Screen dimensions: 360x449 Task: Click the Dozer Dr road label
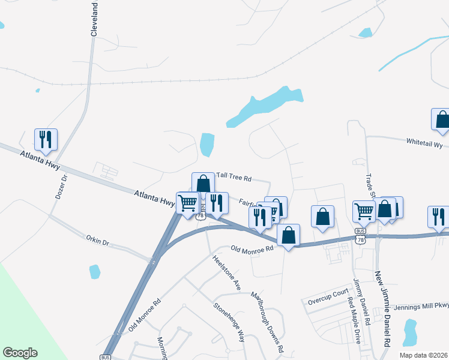click(59, 187)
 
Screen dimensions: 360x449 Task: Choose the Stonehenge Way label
click(229, 322)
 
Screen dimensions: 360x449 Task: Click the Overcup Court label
click(328, 294)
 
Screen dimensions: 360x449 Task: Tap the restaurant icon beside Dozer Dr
click(46, 139)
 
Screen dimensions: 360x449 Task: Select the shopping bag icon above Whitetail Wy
click(442, 119)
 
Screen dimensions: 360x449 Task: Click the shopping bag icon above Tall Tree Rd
click(203, 183)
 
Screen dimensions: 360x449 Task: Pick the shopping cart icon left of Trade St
click(364, 211)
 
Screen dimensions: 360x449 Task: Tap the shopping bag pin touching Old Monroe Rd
click(289, 235)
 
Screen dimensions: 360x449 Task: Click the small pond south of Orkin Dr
click(94, 272)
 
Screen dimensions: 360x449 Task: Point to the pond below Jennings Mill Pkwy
click(410, 332)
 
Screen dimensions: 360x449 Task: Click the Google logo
click(20, 353)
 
